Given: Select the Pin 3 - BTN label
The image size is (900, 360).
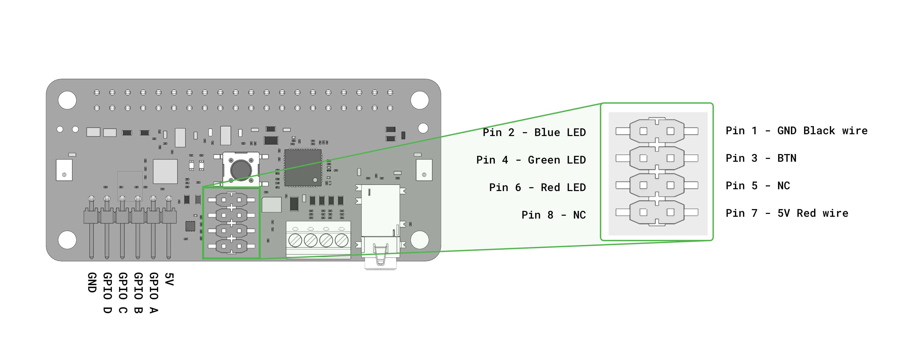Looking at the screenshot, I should point(761,158).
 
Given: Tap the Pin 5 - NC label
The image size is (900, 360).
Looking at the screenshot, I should point(758,186).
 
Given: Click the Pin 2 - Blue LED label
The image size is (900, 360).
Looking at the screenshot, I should point(534,132).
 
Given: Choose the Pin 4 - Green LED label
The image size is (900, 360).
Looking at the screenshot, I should point(531,160).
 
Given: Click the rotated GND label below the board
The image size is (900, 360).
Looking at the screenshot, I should point(92,282).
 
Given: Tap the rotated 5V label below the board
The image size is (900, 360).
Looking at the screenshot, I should point(169,279).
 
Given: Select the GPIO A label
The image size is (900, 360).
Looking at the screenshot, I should point(154,293).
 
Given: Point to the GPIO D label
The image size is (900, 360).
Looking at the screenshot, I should point(107,293).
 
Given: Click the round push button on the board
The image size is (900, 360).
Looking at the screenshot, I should point(241,169).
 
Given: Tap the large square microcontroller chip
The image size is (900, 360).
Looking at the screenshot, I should point(303,168).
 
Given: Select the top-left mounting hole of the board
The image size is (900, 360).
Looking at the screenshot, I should point(67,100).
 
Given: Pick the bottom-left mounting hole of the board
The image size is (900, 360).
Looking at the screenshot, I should point(67,240).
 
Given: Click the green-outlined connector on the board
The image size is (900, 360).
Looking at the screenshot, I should point(231,223).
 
